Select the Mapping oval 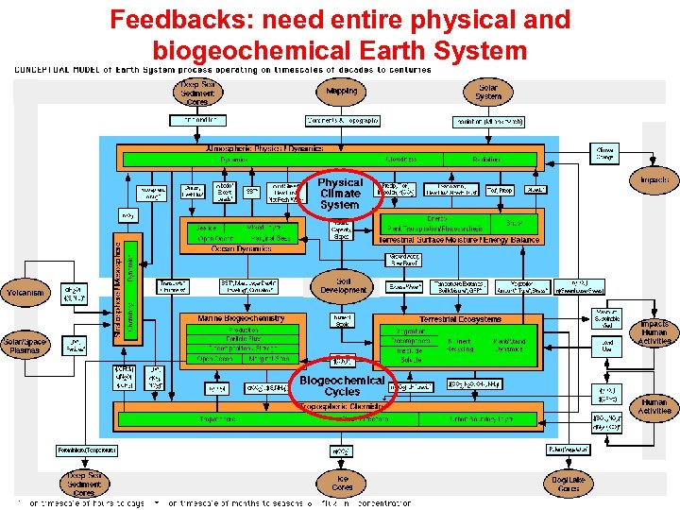pos(342,92)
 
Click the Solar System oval pos(488,92)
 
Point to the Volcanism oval pos(25,293)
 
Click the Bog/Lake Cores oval pos(569,484)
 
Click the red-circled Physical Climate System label pos(339,194)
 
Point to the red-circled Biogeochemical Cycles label pos(342,385)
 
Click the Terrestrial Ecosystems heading pos(461,319)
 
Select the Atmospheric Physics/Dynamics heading pos(264,148)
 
